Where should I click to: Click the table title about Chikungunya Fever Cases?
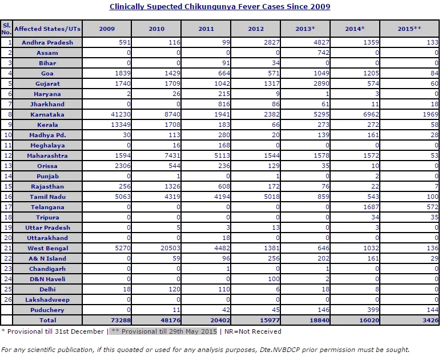pyautogui.click(x=220, y=7)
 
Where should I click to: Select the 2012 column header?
pyautogui.click(x=256, y=29)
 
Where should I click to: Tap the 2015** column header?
pyautogui.click(x=409, y=29)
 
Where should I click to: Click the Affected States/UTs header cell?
pyautogui.click(x=47, y=29)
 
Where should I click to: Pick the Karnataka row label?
pyautogui.click(x=47, y=115)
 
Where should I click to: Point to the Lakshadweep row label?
pyautogui.click(x=47, y=299)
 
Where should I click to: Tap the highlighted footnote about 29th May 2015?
pyautogui.click(x=164, y=331)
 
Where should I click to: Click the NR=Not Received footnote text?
pyautogui.click(x=253, y=331)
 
